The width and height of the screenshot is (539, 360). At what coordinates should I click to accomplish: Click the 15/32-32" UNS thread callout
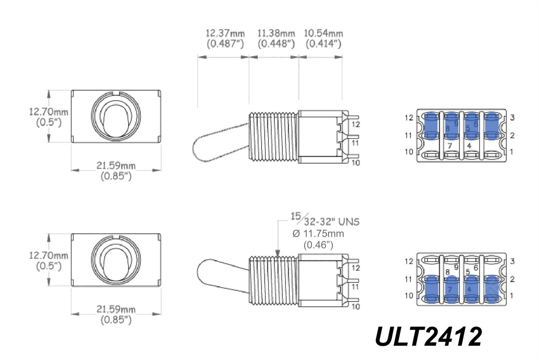[325, 221]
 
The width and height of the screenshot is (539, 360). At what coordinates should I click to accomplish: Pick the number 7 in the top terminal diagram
[450, 146]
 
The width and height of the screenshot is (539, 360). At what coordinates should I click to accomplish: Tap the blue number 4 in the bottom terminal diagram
[470, 290]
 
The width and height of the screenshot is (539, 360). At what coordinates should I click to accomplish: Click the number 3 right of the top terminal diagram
[512, 117]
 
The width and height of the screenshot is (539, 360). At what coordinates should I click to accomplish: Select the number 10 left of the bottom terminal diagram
[409, 296]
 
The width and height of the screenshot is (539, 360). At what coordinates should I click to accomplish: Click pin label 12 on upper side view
[356, 124]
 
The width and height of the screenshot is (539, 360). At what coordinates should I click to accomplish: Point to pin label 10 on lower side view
[356, 307]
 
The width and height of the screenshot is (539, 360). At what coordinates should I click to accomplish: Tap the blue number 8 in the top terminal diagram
[447, 128]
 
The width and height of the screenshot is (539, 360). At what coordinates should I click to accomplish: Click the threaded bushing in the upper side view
[274, 136]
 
